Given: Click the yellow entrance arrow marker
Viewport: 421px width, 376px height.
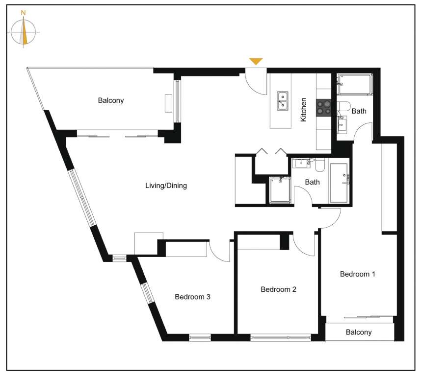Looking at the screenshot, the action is pos(256,61).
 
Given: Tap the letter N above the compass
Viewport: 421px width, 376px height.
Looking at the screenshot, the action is pos(24,13).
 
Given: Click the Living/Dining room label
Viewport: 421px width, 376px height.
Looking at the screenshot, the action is pos(166,186).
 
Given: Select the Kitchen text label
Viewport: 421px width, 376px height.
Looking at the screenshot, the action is pos(303,110).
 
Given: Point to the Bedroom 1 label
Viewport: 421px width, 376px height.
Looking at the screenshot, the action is pos(357,274).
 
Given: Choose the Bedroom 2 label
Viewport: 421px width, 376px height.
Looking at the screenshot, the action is pos(278,289).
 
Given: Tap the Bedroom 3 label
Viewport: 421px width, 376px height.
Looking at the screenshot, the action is pos(192,297).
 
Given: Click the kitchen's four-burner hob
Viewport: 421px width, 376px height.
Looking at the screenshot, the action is pos(323,107).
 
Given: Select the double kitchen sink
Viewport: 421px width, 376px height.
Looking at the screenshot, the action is pos(283,101).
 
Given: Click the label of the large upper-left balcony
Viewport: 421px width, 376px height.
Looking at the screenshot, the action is pos(110,100).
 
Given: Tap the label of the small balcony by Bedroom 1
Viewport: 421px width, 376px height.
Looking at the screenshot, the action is pos(359,332).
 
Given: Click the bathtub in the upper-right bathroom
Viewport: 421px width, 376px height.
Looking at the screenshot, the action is pos(355,84).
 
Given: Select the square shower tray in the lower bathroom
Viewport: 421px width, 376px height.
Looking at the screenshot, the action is pos(280,190).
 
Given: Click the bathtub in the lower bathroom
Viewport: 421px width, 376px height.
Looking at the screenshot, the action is pos(339,183).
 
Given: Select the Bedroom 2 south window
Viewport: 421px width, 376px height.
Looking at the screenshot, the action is pos(281,337).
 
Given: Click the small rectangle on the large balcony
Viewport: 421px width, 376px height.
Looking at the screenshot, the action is pos(168,103).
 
